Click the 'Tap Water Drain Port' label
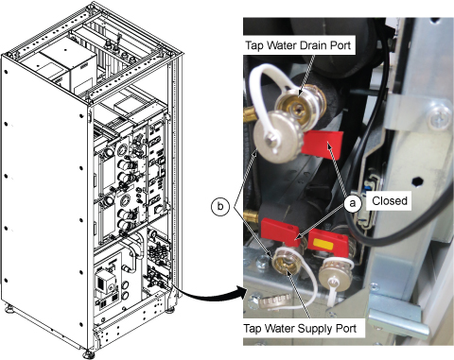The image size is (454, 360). pyautogui.click(x=298, y=45)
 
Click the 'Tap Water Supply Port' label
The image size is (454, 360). pyautogui.click(x=300, y=329)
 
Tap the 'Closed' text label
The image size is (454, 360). pyautogui.click(x=390, y=201)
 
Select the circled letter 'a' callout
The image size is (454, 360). pyautogui.click(x=352, y=203)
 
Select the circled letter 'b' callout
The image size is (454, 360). pyautogui.click(x=220, y=207)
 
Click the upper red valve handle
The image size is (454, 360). pyautogui.click(x=323, y=145)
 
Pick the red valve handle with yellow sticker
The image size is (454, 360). pyautogui.click(x=328, y=244)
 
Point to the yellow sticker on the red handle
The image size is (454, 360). pyautogui.click(x=322, y=244)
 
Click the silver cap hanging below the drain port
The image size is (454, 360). pyautogui.click(x=273, y=138)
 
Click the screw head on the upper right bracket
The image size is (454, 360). pyautogui.click(x=440, y=118)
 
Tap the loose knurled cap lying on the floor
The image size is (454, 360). pyautogui.click(x=276, y=302)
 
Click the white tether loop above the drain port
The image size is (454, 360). pyautogui.click(x=270, y=82)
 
